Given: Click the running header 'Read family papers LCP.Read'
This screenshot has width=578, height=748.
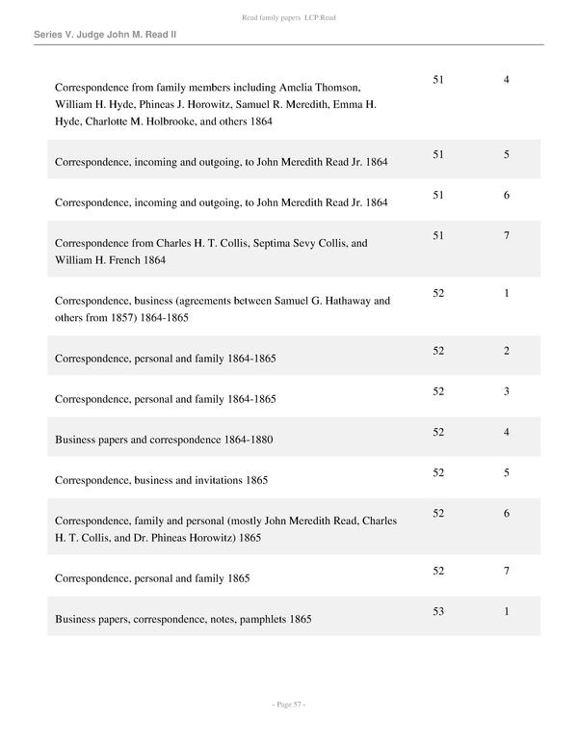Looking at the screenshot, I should coord(288,18).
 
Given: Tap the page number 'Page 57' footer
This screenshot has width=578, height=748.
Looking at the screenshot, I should coord(288,706).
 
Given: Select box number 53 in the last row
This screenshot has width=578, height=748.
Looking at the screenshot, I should coord(438,612).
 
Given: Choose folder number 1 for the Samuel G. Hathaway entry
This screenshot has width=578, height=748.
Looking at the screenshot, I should coord(507,293).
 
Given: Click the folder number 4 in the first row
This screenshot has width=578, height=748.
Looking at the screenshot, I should coord(507,79).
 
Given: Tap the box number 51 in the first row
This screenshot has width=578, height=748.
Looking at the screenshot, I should coord(438,79).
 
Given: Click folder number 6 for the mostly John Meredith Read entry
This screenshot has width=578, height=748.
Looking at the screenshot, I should coord(507,514).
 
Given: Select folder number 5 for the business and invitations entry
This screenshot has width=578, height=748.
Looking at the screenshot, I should coord(507,472).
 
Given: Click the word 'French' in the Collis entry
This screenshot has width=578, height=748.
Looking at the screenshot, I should coord(128,260).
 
